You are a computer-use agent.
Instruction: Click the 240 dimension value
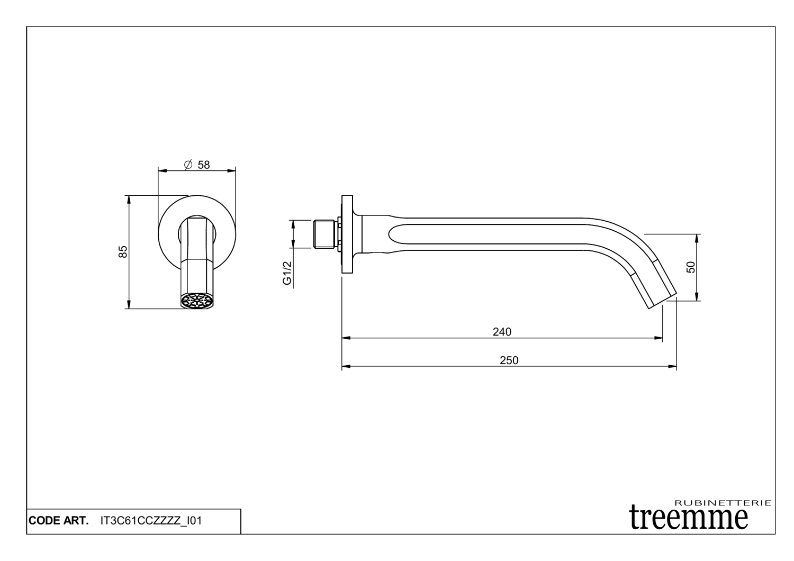click(502, 332)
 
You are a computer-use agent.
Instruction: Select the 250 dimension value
click(509, 360)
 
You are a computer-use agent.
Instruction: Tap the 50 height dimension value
click(690, 267)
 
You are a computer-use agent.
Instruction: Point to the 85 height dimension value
click(123, 251)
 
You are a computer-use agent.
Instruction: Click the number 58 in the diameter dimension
click(204, 165)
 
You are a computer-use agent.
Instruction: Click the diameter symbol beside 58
click(188, 165)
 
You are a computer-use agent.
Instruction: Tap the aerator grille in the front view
click(197, 301)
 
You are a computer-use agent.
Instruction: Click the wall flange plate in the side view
click(347, 234)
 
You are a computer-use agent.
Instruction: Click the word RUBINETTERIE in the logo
click(723, 503)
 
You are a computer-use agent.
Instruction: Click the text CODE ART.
click(58, 521)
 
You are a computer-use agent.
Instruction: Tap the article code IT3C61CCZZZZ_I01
click(151, 521)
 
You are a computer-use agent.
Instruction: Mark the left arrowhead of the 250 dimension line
click(345, 366)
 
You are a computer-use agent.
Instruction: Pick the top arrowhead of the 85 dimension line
click(128, 198)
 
